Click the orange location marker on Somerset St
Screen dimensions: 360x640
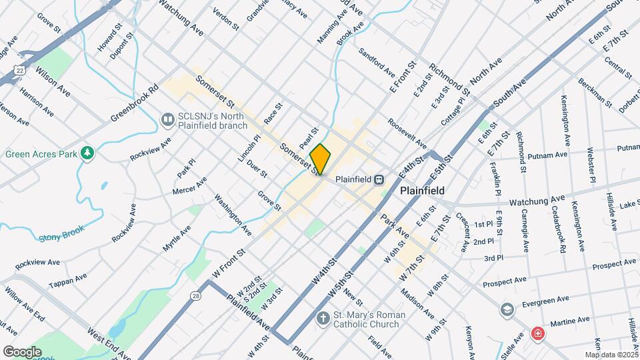[x=321, y=159]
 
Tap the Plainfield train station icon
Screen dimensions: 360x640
[x=379, y=179]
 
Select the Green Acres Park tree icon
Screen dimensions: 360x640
[x=87, y=154]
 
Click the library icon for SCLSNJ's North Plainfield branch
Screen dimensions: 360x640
[x=168, y=119]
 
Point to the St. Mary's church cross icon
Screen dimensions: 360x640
[x=324, y=318]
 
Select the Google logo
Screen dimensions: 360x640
[x=22, y=351]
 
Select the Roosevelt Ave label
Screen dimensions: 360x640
[x=407, y=134]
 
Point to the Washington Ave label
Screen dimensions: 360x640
[x=233, y=215]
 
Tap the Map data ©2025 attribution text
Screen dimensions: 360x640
[x=612, y=354]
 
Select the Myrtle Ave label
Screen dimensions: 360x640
[x=177, y=239]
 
